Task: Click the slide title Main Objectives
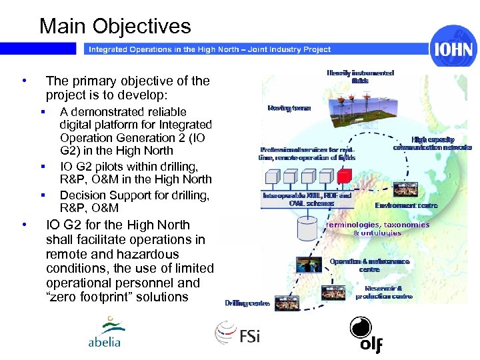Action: [x=115, y=26]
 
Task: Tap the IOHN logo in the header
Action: [x=453, y=49]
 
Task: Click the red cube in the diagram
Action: [x=344, y=177]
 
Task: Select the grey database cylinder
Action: [x=307, y=229]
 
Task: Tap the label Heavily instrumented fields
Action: [x=360, y=77]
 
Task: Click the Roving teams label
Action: [x=289, y=107]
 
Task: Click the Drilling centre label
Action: [x=247, y=303]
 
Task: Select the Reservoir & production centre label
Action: [x=383, y=292]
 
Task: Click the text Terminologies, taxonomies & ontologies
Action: [x=377, y=229]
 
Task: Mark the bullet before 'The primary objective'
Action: [x=25, y=81]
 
